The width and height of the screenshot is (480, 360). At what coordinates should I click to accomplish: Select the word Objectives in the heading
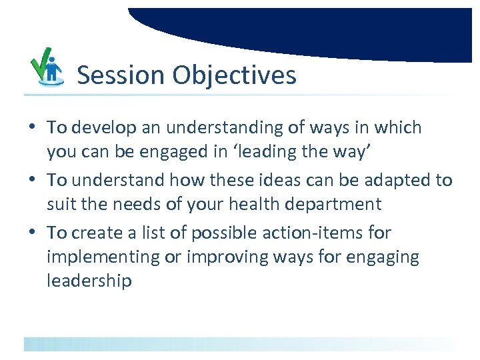pyautogui.click(x=234, y=75)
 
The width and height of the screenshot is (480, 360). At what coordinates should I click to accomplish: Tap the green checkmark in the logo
pyautogui.click(x=42, y=59)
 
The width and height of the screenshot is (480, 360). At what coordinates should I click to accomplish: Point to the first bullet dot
pyautogui.click(x=32, y=127)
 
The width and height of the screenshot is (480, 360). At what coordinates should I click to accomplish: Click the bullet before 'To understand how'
pyautogui.click(x=32, y=180)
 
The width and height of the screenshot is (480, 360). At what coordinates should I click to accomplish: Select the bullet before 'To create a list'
pyautogui.click(x=32, y=233)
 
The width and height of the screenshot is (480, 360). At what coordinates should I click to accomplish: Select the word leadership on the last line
pyautogui.click(x=89, y=281)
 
